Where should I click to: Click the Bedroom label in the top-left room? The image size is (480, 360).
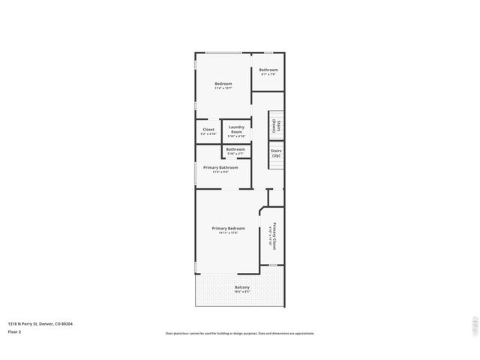pyautogui.click(x=223, y=83)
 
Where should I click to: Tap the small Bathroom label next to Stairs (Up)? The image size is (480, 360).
pyautogui.click(x=235, y=148)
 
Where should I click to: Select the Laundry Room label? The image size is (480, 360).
pyautogui.click(x=236, y=129)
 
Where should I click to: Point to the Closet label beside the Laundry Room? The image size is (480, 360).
pyautogui.click(x=208, y=129)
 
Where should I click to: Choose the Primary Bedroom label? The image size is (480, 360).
pyautogui.click(x=228, y=228)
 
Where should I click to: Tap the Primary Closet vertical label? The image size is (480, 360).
pyautogui.click(x=275, y=236)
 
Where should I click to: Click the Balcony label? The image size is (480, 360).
pyautogui.click(x=241, y=287)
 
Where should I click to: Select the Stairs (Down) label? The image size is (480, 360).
pyautogui.click(x=277, y=126)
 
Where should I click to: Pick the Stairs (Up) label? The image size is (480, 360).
pyautogui.click(x=277, y=152)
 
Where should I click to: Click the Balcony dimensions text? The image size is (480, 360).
pyautogui.click(x=241, y=292)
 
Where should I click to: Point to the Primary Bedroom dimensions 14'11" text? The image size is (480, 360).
pyautogui.click(x=228, y=233)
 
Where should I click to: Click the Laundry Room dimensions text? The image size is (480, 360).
pyautogui.click(x=236, y=136)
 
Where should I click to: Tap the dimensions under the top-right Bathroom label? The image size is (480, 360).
pyautogui.click(x=268, y=74)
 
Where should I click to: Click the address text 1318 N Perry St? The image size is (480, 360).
pyautogui.click(x=40, y=324)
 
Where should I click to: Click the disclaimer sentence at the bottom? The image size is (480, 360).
pyautogui.click(x=239, y=334)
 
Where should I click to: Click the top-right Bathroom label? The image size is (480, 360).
pyautogui.click(x=268, y=70)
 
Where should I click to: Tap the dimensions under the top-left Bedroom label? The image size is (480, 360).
pyautogui.click(x=223, y=88)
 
